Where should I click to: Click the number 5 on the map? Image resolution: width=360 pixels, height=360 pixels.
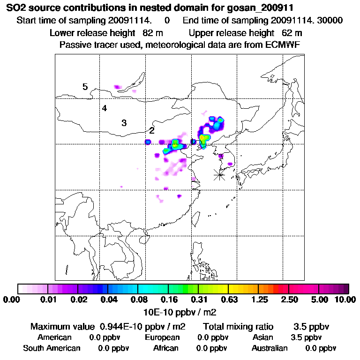(85, 87)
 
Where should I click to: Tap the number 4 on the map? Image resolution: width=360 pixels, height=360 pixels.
(105, 108)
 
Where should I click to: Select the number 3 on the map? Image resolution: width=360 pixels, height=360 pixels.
(124, 123)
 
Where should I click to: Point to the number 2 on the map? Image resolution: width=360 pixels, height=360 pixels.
(152, 130)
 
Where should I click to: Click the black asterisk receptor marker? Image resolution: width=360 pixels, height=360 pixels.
(219, 175)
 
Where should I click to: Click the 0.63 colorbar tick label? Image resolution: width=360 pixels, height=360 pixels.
(228, 300)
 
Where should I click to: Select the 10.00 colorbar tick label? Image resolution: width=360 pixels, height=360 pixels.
(345, 300)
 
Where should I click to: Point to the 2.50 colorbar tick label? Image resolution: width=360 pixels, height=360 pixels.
(289, 300)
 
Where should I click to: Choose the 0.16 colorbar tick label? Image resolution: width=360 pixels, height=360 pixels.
(169, 300)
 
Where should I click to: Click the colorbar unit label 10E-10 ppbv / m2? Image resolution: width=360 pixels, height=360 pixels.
(180, 312)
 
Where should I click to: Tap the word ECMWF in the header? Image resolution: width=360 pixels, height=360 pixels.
(283, 45)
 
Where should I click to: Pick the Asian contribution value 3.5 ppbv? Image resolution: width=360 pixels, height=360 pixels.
(307, 337)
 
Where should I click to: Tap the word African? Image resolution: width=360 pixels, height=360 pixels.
(166, 348)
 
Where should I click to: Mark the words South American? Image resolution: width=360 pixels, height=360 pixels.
(52, 348)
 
